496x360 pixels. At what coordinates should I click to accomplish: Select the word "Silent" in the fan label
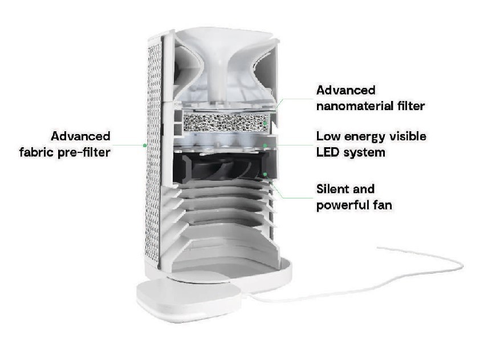(x=332, y=189)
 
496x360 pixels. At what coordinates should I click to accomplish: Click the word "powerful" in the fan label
(x=342, y=205)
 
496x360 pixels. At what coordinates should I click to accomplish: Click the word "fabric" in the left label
(x=36, y=152)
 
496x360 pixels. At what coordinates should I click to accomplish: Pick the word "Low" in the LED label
(x=328, y=136)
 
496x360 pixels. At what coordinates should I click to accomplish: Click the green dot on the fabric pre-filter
(x=145, y=145)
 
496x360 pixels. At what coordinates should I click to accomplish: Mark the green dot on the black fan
(x=265, y=174)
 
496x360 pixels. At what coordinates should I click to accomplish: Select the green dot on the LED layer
(x=265, y=145)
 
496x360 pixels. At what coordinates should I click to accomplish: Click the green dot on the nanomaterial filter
(x=265, y=123)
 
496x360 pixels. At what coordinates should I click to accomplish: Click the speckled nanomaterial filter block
(x=226, y=122)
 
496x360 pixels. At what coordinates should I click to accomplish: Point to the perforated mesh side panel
(x=154, y=152)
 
